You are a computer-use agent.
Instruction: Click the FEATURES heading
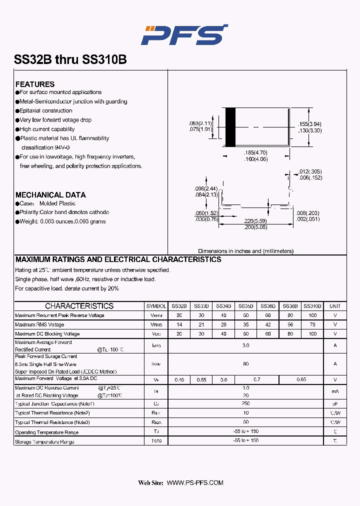35,84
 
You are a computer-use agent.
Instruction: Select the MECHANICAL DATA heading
50,194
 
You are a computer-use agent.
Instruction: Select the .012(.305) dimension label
310,171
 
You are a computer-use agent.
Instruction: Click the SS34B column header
223,306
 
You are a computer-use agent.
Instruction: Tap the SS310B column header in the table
312,306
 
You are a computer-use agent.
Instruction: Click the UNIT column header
335,306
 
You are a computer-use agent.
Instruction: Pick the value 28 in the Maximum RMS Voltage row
223,324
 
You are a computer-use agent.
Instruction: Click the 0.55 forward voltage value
201,380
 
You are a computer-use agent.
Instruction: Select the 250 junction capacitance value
245,404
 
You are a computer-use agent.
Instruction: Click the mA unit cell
335,391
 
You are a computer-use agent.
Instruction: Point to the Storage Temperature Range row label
44,441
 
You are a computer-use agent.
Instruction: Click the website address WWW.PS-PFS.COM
194,482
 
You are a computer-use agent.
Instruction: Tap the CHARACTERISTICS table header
79,306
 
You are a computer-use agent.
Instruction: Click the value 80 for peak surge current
245,364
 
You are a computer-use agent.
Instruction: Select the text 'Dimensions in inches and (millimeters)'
245,251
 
